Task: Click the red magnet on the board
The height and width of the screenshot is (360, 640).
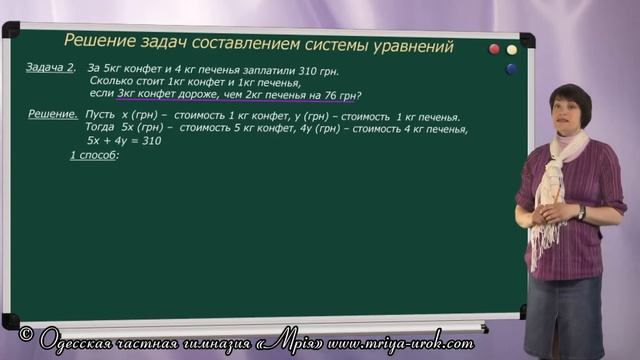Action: pos(493,49)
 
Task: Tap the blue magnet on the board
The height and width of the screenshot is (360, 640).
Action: pos(512,68)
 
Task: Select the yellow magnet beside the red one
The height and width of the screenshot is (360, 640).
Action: pos(512,49)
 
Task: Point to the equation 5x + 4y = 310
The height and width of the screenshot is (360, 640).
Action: pos(125,141)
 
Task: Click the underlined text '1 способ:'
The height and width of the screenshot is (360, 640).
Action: pos(94,156)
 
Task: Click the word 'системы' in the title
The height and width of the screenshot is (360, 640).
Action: pos(322,44)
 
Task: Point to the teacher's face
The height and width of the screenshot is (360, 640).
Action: pos(569,111)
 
